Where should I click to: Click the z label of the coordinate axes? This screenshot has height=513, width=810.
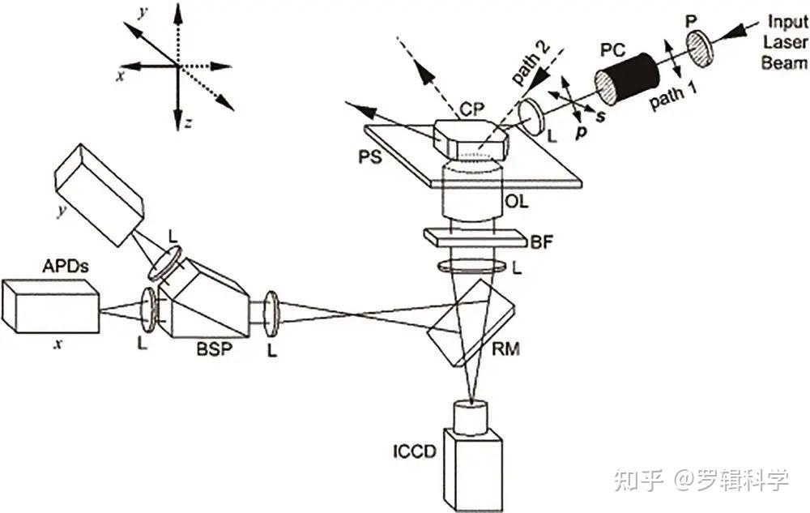[187, 123]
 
